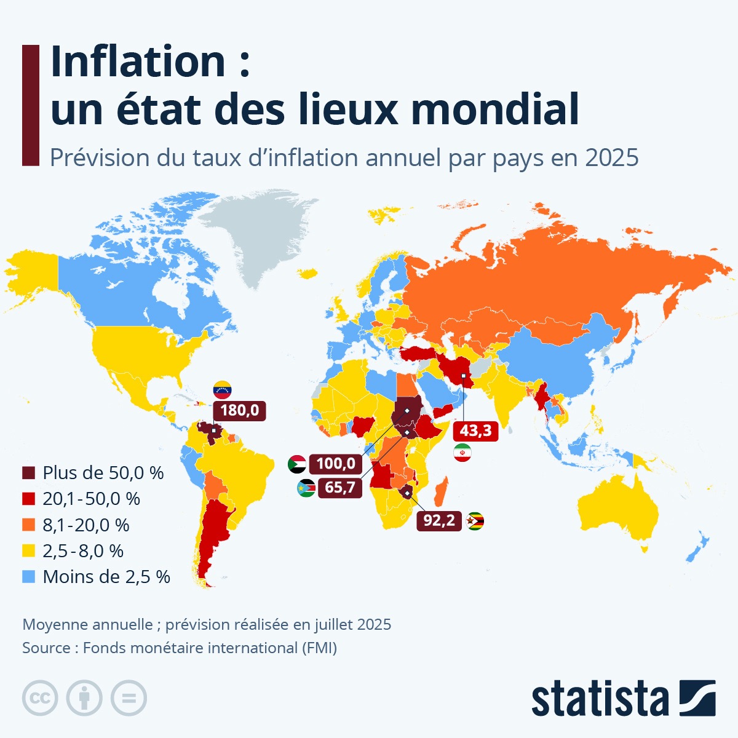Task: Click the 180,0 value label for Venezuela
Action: point(239,410)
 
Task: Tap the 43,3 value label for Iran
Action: point(475,430)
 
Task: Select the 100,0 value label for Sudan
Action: point(336,464)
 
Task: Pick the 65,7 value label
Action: point(339,488)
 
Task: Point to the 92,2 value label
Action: point(439,521)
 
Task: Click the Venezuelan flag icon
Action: point(222,389)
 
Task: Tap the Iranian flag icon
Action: point(462,453)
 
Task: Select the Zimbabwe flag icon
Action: point(475,522)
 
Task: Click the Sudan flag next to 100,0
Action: point(296,464)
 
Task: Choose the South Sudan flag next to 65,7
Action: point(306,488)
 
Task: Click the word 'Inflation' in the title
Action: point(139,61)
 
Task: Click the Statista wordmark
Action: point(600,699)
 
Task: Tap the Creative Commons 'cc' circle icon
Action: point(40,698)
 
